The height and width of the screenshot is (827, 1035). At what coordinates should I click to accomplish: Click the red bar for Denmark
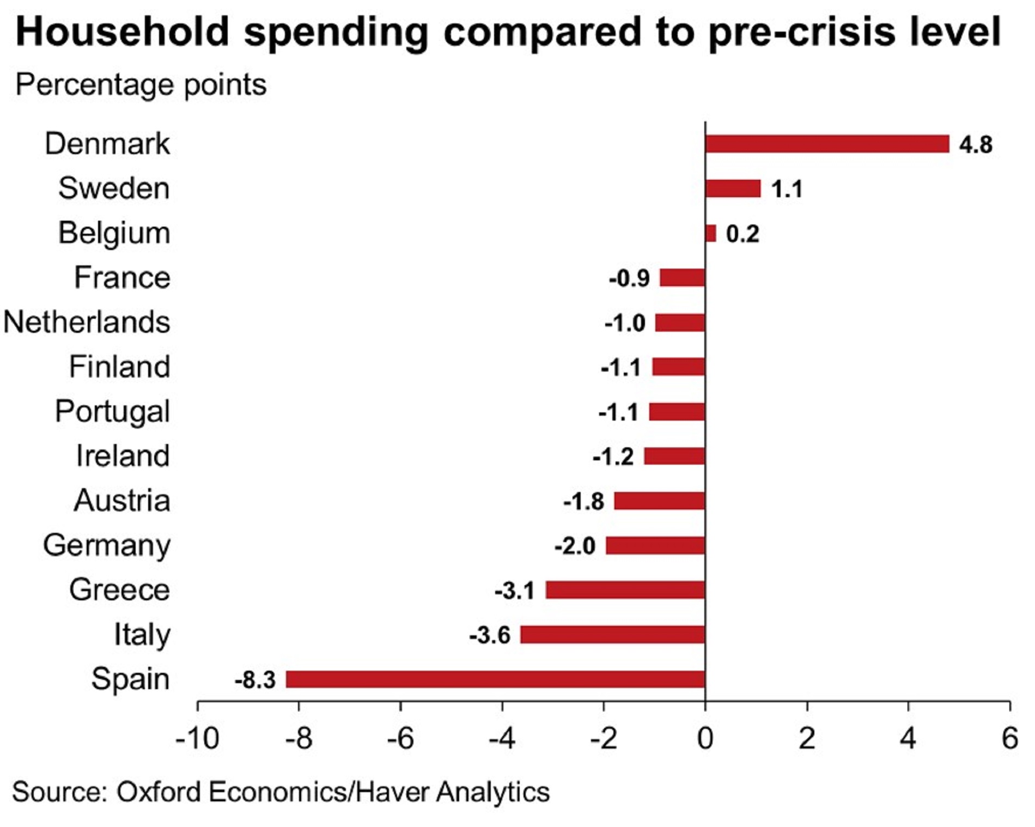(x=827, y=144)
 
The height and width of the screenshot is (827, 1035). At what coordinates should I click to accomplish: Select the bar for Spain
(x=495, y=679)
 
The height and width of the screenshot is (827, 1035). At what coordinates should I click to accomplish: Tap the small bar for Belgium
(x=711, y=233)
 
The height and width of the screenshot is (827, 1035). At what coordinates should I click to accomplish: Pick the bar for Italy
(x=613, y=635)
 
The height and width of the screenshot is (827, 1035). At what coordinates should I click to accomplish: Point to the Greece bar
(x=625, y=590)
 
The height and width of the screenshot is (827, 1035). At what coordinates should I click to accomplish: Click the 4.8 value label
(x=976, y=145)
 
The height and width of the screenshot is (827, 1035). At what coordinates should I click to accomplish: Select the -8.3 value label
(x=255, y=680)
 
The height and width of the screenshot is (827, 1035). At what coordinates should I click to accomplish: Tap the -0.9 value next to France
(x=629, y=278)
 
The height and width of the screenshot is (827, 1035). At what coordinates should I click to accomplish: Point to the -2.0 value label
(x=575, y=546)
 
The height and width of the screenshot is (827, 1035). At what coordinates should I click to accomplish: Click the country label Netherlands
(x=87, y=322)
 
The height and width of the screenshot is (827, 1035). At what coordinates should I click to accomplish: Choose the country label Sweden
(x=114, y=188)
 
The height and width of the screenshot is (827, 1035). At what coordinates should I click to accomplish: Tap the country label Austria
(x=122, y=501)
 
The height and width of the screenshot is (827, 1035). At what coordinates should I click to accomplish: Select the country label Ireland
(x=123, y=456)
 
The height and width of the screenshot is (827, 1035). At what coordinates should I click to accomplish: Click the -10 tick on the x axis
(x=197, y=739)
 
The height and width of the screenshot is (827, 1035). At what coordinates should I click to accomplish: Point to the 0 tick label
(x=705, y=739)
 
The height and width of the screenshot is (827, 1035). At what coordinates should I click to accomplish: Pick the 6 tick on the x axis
(x=1010, y=739)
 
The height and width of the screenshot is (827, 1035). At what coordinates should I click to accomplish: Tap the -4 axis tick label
(x=502, y=739)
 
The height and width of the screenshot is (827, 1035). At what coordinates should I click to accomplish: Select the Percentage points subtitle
(x=141, y=85)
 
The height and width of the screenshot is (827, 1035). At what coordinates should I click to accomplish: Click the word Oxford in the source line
(x=159, y=792)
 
